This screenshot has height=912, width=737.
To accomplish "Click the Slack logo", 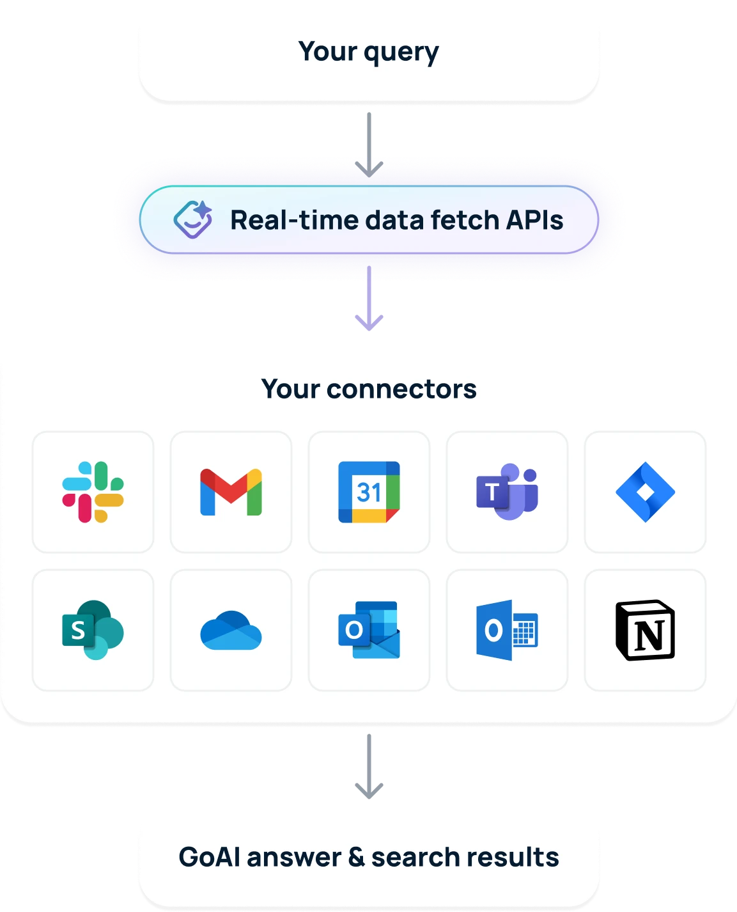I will tap(93, 492).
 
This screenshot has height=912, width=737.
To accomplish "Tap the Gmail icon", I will tap(231, 492).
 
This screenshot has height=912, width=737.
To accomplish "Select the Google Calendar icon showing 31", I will tap(369, 492).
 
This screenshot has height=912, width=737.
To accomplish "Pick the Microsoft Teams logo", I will tap(507, 492).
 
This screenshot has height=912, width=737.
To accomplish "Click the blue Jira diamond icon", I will tap(645, 492).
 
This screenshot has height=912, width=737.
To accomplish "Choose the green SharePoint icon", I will tap(93, 630).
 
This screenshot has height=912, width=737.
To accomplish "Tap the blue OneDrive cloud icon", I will tap(231, 631).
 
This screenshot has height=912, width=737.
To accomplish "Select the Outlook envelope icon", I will tap(369, 630).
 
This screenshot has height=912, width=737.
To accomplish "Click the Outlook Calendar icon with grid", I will tap(507, 630).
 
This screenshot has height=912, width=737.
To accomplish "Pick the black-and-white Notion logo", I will tap(645, 630).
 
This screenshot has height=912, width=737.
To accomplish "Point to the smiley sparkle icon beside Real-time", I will tap(193, 219).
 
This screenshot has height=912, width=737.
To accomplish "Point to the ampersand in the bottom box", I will tap(356, 857).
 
